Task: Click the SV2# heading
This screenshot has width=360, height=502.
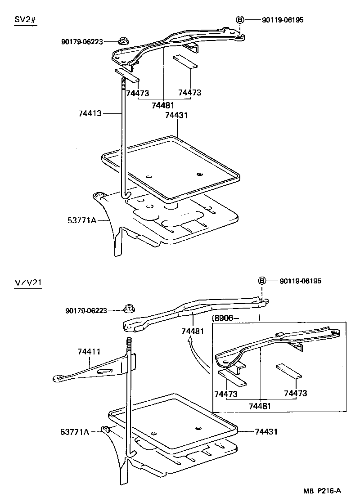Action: coord(25,21)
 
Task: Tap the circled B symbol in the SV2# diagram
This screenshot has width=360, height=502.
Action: coord(240,19)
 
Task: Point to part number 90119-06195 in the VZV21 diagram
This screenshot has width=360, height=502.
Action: coord(300,281)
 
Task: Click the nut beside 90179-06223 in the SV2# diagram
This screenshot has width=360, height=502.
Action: coord(122,41)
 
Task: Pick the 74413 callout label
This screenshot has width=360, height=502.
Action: coord(90,114)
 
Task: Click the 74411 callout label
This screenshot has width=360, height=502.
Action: coord(90,352)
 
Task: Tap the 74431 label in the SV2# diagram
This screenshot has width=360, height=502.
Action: coord(176,115)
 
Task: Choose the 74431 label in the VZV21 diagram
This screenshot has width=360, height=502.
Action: coord(266,431)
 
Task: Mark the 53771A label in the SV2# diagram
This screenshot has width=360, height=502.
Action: coord(82,220)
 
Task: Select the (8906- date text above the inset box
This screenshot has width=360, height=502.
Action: coord(226,317)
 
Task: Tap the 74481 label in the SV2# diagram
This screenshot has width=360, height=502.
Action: coord(163,105)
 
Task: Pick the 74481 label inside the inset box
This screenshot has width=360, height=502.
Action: coord(260,406)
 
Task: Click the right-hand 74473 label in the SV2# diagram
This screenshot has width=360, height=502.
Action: coord(189,93)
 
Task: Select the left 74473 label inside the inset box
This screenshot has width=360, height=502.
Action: coord(226,394)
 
